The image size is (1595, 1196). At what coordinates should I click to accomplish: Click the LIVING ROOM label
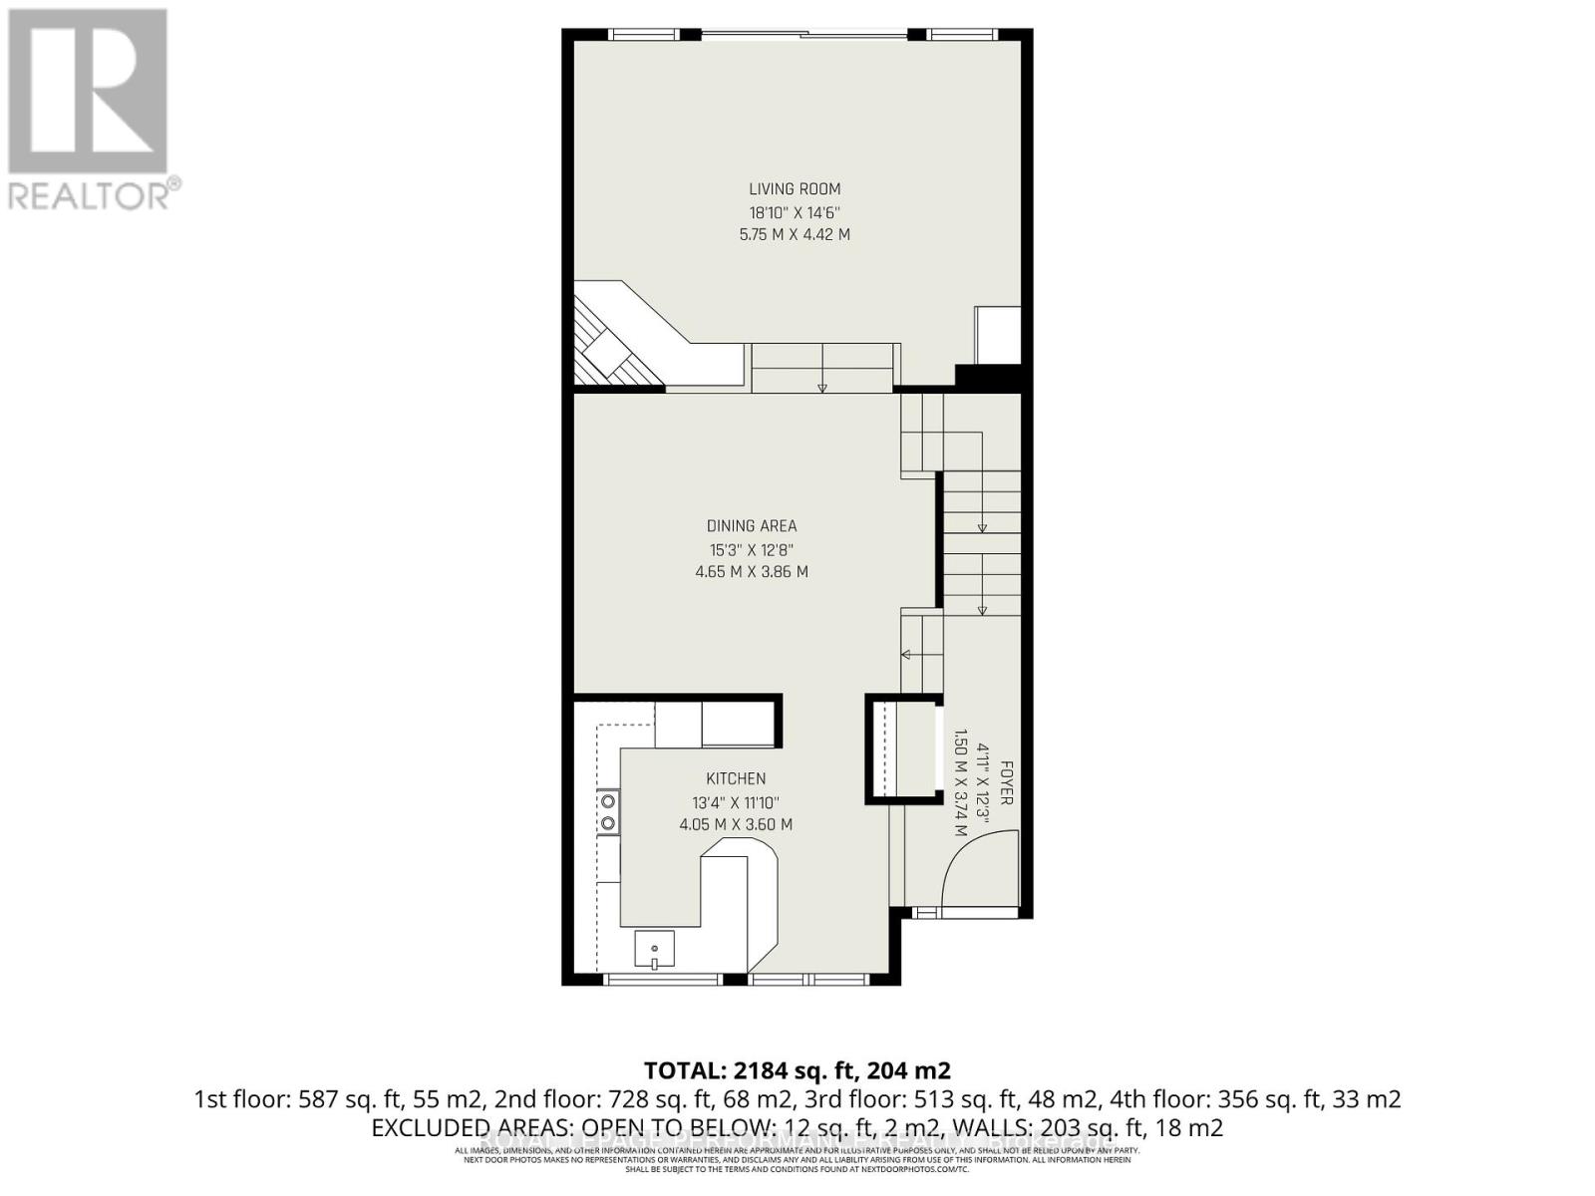click(x=795, y=189)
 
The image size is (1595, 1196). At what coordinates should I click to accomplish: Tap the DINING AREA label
click(x=752, y=526)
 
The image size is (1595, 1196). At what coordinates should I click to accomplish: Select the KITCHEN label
click(x=736, y=778)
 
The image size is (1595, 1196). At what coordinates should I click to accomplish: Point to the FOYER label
click(x=1007, y=783)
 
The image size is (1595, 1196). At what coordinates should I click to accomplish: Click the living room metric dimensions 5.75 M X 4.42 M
click(x=795, y=235)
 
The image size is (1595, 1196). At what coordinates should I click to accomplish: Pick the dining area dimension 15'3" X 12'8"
click(x=752, y=549)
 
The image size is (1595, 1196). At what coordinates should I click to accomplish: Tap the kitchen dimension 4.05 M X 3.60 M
click(x=736, y=824)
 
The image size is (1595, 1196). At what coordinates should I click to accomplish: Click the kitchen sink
click(x=654, y=948)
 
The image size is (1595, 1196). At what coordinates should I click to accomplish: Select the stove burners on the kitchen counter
click(x=607, y=812)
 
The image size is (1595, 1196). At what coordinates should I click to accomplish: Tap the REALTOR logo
click(x=90, y=110)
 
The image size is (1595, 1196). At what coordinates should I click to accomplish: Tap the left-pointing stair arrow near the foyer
click(x=908, y=655)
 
